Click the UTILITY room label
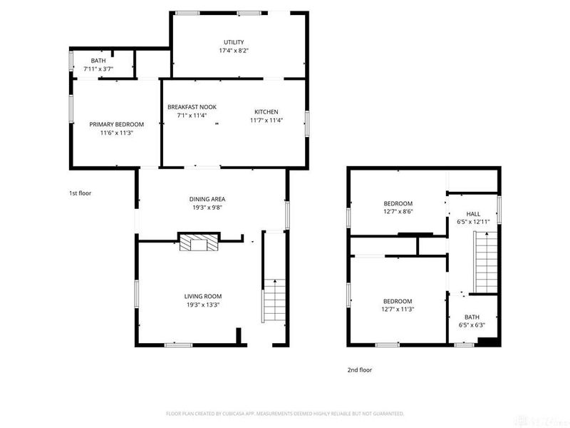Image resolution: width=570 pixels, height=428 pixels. [234, 42]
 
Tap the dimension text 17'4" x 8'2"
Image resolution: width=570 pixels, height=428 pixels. [234, 51]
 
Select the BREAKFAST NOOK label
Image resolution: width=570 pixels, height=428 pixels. [192, 107]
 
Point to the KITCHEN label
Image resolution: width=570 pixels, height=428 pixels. [266, 111]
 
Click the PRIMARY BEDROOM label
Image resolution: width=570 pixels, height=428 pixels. [116, 124]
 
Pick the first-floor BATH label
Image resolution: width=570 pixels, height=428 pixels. [98, 61]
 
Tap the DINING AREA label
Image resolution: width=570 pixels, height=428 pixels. [207, 199]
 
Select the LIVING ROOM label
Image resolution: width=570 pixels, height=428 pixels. [203, 296]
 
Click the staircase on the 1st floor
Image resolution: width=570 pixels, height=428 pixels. [274, 300]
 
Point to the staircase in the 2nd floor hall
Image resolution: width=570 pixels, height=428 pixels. [485, 264]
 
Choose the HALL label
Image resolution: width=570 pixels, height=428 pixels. [473, 213]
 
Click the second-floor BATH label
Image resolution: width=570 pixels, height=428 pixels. [472, 317]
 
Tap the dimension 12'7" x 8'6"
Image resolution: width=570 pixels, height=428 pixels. [398, 211]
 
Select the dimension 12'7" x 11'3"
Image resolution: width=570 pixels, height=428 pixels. [398, 309]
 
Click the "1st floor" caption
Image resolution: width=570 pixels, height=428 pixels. [80, 193]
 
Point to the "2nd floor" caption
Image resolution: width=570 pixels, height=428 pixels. [359, 370]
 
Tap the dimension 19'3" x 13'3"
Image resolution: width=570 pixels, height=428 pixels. [203, 305]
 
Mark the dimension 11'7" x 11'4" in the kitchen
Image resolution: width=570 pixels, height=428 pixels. [266, 120]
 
